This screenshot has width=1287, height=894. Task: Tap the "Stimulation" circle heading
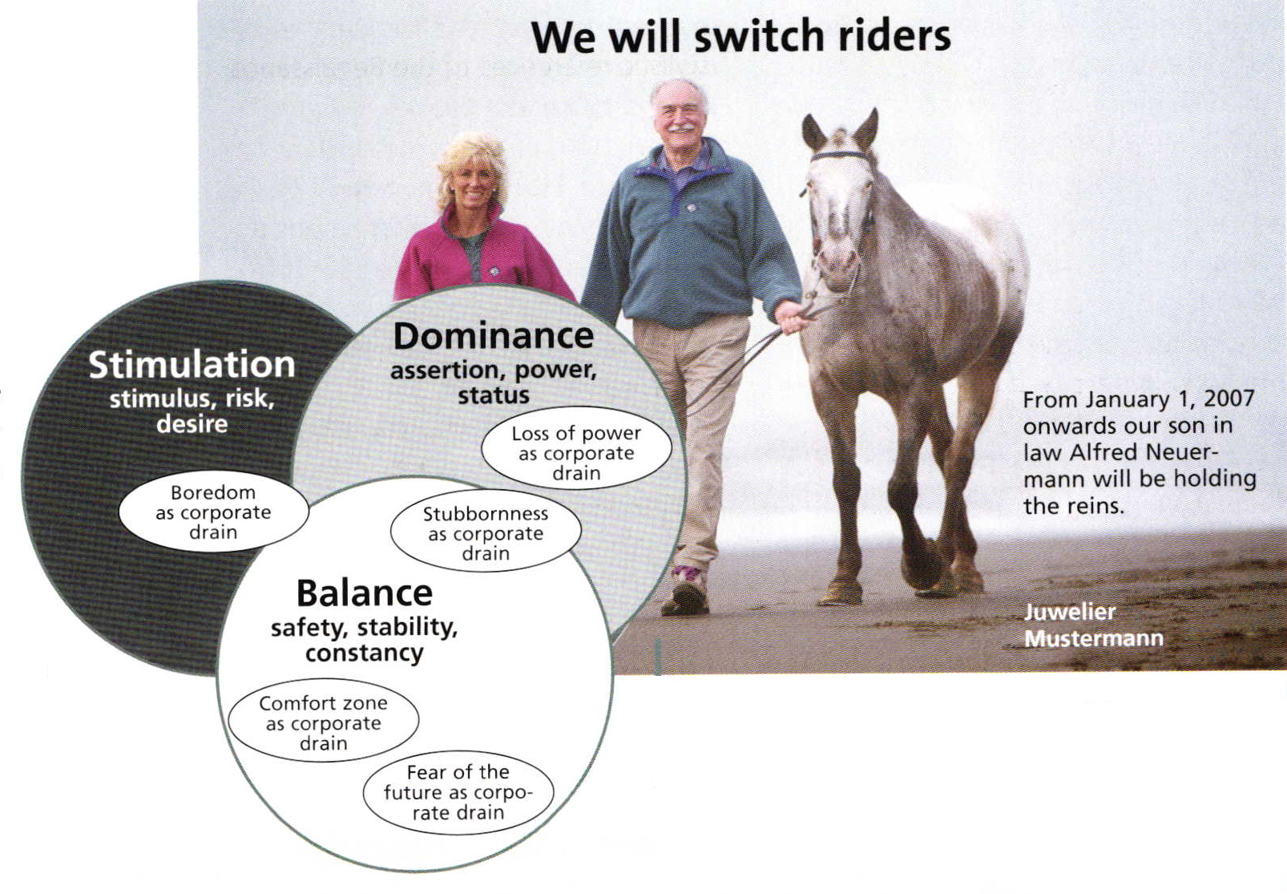192,365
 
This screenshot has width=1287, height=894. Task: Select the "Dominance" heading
493,336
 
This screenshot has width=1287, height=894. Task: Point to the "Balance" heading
365,593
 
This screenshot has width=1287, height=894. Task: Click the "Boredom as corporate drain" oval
213,512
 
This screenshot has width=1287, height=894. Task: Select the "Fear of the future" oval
458,792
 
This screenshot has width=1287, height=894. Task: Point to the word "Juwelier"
1069,612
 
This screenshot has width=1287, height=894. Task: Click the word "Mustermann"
1093,638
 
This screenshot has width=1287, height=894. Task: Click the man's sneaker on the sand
685,591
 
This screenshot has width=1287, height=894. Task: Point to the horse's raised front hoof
922,566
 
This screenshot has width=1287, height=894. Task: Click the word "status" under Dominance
493,395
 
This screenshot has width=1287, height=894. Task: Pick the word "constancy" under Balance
365,653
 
